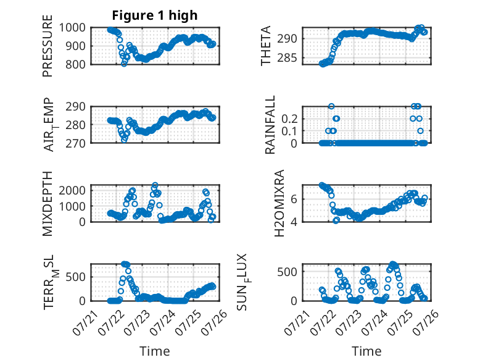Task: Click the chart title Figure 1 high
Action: (x=155, y=15)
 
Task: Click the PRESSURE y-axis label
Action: (x=48, y=46)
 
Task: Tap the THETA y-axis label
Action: (x=266, y=46)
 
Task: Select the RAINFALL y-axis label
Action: (x=270, y=125)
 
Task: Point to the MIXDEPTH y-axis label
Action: (x=48, y=204)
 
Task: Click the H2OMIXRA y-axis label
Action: (x=279, y=203)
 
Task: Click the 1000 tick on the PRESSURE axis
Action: (x=72, y=28)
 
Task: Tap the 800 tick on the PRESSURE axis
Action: (x=75, y=65)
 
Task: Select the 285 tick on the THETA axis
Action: (x=287, y=57)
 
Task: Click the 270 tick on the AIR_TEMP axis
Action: (x=75, y=143)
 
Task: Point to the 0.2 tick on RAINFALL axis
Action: (x=289, y=119)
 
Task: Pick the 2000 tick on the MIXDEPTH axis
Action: (x=72, y=190)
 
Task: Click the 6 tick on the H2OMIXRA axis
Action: (x=294, y=199)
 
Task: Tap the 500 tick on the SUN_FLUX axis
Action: (x=287, y=272)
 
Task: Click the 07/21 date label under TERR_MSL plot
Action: (x=85, y=322)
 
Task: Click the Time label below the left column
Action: (x=155, y=351)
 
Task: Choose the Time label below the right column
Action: (x=366, y=351)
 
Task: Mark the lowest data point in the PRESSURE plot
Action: (x=124, y=64)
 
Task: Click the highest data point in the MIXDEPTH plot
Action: (x=155, y=185)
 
